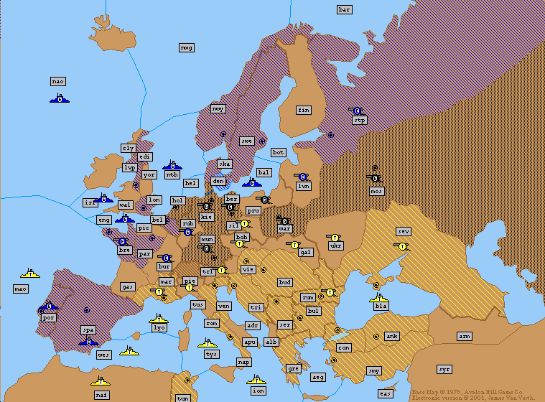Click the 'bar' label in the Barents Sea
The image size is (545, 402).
pyautogui.click(x=345, y=9)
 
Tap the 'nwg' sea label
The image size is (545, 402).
pyautogui.click(x=187, y=47)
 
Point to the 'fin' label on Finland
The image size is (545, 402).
pyautogui.click(x=304, y=110)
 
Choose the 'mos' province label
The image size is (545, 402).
pyautogui.click(x=376, y=191)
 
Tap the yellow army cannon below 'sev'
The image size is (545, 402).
pyautogui.click(x=401, y=246)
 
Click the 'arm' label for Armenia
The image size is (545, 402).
pyautogui.click(x=465, y=336)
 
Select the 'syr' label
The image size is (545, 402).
pyautogui.click(x=444, y=369)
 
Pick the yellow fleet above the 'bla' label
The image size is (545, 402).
pyautogui.click(x=379, y=296)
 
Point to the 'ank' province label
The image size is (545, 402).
pyautogui.click(x=392, y=336)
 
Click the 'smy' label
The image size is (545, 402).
pyautogui.click(x=374, y=370)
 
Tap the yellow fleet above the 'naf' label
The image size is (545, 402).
pyautogui.click(x=101, y=380)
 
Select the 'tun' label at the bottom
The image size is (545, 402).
pyautogui.click(x=183, y=398)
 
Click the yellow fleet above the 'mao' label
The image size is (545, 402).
pyautogui.click(x=30, y=273)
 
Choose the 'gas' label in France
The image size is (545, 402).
pyautogui.click(x=128, y=286)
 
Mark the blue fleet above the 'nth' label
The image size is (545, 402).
pyautogui.click(x=172, y=164)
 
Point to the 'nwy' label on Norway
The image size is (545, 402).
pyautogui.click(x=218, y=108)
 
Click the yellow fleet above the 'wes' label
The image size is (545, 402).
pyautogui.click(x=130, y=350)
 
